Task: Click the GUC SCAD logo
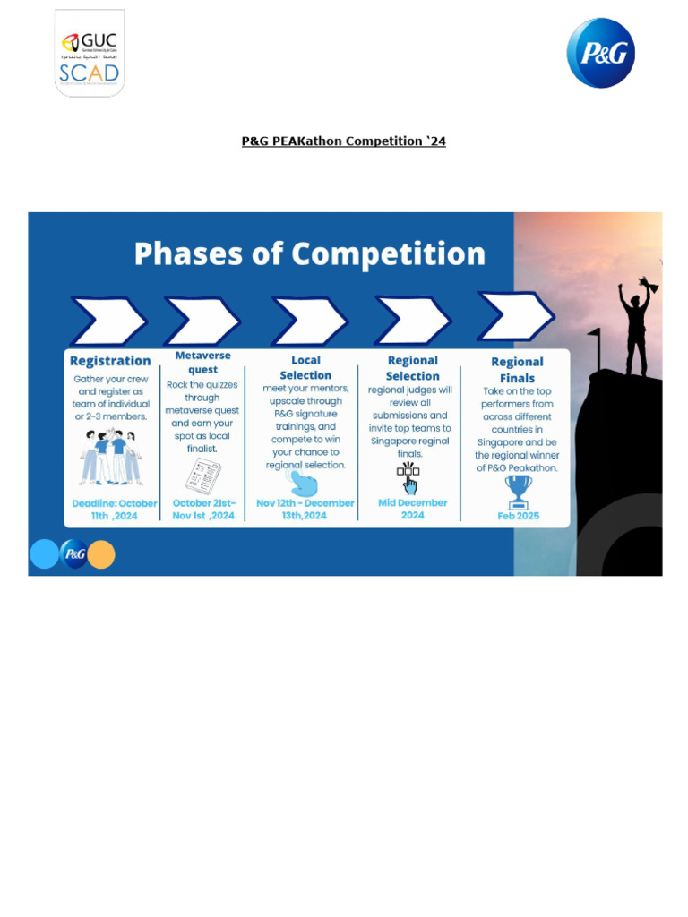tap(90, 53)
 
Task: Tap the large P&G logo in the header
tap(600, 53)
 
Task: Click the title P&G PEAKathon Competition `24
tap(344, 141)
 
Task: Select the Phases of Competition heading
tap(310, 253)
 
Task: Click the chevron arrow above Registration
tap(108, 321)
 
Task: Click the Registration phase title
tap(110, 361)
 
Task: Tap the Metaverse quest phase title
tap(202, 362)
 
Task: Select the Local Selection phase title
tap(305, 367)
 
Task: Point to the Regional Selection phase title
tap(412, 368)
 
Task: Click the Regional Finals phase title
tap(517, 369)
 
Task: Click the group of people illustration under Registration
tap(111, 457)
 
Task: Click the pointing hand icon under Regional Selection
tap(408, 478)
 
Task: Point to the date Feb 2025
tap(518, 516)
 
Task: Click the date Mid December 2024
tap(412, 509)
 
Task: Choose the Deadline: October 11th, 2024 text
tap(114, 509)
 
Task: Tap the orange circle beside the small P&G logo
tap(101, 554)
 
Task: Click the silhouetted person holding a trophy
tap(637, 326)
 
